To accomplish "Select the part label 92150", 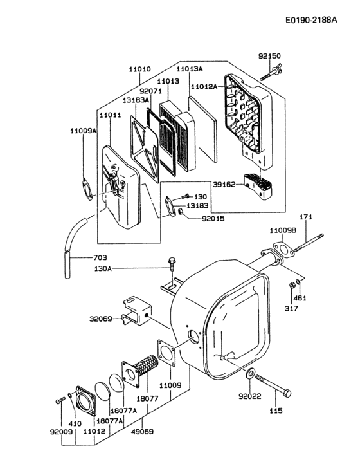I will point(270,57).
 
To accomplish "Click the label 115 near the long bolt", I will point(275,411).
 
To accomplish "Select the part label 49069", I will point(142,432).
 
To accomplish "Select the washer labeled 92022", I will point(249,373).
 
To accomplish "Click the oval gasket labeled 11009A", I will point(85,185).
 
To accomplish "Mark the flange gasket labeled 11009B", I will point(280,249).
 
